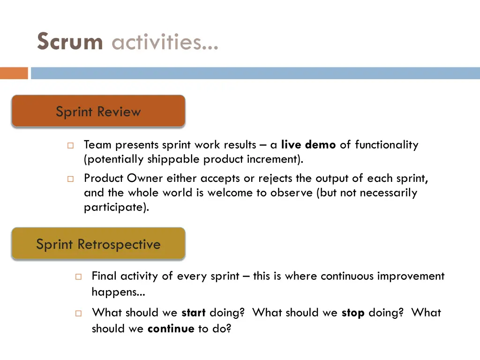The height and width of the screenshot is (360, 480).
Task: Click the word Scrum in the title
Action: coord(70,42)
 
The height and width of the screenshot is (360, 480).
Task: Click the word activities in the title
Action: coord(165,42)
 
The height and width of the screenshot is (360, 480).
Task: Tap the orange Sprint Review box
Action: coord(98,111)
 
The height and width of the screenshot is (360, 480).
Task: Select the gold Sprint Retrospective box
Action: coord(98,244)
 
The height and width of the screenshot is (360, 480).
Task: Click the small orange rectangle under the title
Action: coord(14,73)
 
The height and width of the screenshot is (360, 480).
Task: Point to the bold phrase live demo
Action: coord(308,145)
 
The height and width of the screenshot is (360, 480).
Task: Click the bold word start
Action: coord(194,313)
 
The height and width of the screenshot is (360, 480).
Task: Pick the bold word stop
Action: coord(353,313)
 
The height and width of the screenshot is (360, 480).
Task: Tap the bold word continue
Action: coord(171,329)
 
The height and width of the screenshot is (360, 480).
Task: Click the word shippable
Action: coord(174,159)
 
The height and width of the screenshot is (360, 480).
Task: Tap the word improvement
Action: coord(411,276)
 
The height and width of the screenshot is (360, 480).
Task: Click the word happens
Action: coord(118,292)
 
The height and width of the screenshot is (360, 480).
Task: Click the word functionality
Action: coord(386,145)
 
